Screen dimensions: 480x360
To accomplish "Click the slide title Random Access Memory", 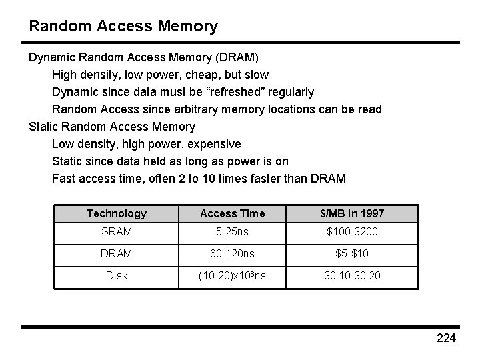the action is (x=123, y=27).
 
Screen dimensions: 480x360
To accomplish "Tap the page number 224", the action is (x=445, y=339).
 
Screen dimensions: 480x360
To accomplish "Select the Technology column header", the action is (x=117, y=213).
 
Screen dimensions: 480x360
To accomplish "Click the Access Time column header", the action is (x=232, y=213).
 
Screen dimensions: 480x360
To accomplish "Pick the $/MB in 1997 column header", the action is (x=352, y=213).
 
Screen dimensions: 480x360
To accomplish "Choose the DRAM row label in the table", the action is (x=117, y=253).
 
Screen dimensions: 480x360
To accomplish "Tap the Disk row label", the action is (x=117, y=275).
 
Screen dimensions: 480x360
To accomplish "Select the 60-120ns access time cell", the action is (x=232, y=253).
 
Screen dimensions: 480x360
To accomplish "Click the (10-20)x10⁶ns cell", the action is (x=232, y=275).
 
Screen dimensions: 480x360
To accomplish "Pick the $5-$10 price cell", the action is (x=352, y=253).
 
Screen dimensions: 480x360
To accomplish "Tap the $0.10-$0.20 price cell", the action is (x=352, y=275).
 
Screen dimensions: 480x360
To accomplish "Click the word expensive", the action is (x=215, y=143).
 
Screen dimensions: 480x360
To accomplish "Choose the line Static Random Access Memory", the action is (x=112, y=126).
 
